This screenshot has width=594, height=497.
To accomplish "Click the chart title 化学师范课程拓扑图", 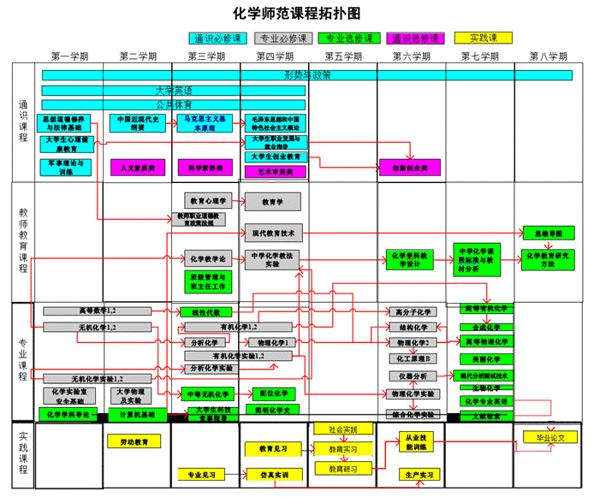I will point(297,14).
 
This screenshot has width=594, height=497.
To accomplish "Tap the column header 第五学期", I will point(342,56).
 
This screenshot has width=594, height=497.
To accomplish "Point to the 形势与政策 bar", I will point(307,75).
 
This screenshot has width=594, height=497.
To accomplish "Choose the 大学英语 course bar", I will point(174,90).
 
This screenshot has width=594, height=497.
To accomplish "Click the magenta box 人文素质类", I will point(138,168).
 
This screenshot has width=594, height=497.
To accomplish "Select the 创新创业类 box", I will point(410,168).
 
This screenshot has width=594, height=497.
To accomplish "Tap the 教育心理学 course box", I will point(207,201).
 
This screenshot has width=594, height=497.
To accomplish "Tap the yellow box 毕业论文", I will point(550,437).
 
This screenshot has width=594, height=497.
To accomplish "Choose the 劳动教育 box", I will point(134,441).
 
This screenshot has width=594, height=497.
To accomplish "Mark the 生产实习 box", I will point(419,474).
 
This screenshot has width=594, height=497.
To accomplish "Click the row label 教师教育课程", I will point(23,240).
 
